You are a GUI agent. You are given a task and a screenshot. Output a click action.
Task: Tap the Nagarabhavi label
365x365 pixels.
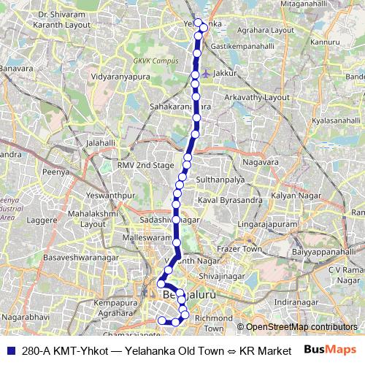coord(26,319)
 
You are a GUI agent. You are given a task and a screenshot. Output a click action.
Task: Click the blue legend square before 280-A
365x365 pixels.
coord(11,350)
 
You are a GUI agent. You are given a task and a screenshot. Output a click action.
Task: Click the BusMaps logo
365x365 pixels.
coord(331,350)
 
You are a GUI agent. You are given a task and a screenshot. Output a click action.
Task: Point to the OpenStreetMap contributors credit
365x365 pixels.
coord(301,326)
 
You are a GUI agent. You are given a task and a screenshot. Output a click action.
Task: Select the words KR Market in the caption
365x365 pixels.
coord(265,350)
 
